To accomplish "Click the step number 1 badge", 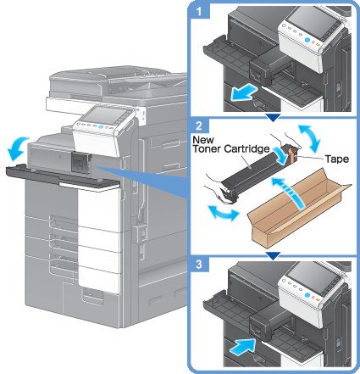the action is click(200, 12).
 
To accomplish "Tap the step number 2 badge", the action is click(199, 126).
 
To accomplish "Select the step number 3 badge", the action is click(199, 265).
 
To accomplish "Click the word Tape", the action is click(336, 159).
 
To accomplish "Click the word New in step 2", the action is click(203, 140).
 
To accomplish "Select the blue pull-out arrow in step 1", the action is click(243, 93).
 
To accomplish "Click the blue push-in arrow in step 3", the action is click(243, 346).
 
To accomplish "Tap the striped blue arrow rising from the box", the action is click(288, 193).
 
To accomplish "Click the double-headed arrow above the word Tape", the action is click(309, 138).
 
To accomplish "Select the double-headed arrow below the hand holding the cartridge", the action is click(224, 213).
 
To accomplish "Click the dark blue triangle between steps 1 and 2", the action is click(273, 118).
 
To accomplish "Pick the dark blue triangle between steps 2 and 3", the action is click(273, 255).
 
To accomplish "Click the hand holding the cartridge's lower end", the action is click(218, 191).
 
